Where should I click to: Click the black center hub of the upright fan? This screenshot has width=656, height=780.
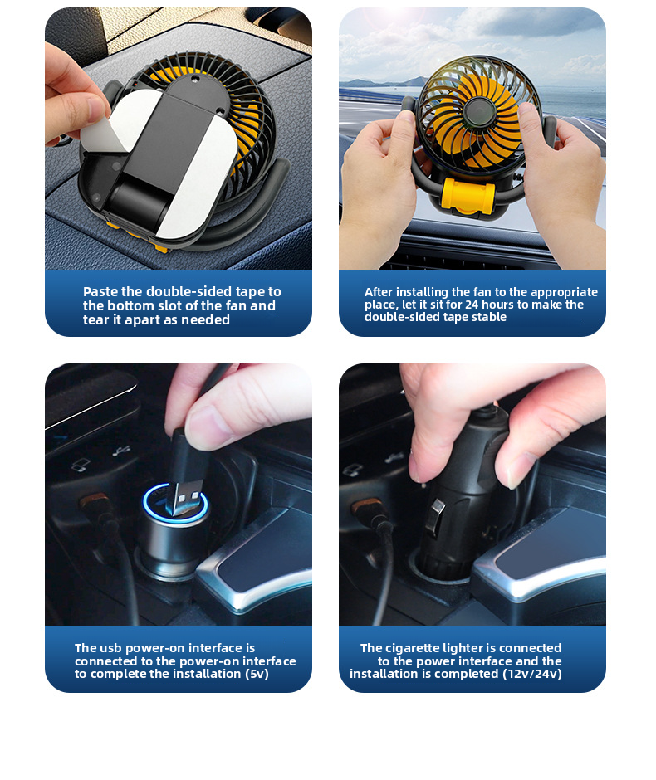click(477, 112)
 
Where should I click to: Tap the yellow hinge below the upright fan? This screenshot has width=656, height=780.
click(468, 195)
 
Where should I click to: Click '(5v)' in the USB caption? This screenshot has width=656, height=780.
click(257, 674)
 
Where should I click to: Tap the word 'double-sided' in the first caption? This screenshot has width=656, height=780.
click(189, 291)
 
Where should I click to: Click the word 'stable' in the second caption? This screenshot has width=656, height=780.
click(490, 317)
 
